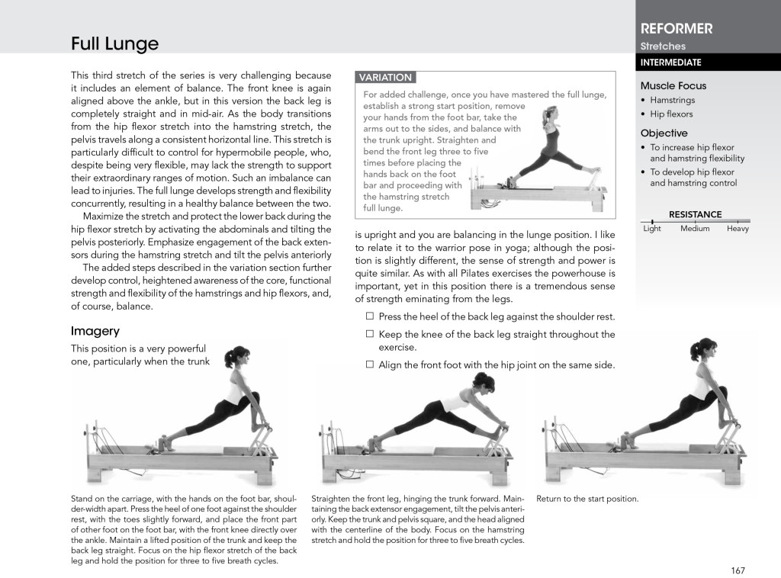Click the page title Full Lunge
tap(114, 44)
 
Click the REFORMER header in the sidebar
tap(677, 29)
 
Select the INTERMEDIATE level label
tap(670, 63)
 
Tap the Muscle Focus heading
tap(673, 86)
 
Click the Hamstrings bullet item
tap(672, 100)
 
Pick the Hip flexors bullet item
tap(671, 114)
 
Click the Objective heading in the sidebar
tap(664, 133)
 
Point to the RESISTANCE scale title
tap(695, 214)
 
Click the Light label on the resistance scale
tap(652, 229)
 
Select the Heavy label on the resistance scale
tap(738, 229)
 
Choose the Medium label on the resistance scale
tap(695, 229)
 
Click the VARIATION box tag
tap(385, 77)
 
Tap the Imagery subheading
tap(95, 331)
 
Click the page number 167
tap(737, 570)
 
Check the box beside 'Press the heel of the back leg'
tap(369, 316)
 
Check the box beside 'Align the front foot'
tap(369, 365)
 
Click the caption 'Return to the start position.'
tap(587, 499)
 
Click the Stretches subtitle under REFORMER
tap(662, 47)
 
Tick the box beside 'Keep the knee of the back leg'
tap(369, 334)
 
